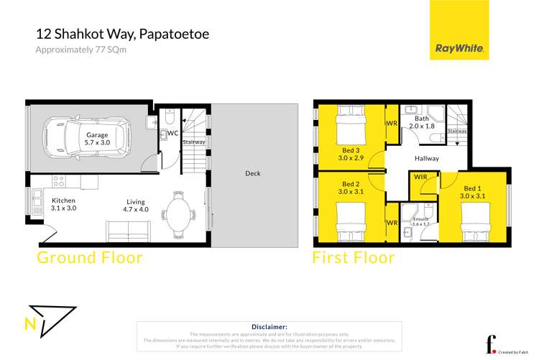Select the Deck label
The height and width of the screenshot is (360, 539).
pyautogui.click(x=252, y=173)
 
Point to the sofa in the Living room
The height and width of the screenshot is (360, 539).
pyautogui.click(x=129, y=231)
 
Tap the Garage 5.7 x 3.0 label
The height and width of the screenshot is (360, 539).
pyautogui.click(x=97, y=139)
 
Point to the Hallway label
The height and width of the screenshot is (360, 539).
pyautogui.click(x=427, y=158)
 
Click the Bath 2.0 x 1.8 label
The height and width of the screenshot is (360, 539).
pyautogui.click(x=421, y=123)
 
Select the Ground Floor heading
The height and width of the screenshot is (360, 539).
pyautogui.click(x=90, y=257)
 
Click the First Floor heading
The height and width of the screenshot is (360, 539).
pyautogui.click(x=353, y=257)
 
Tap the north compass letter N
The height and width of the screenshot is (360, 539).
pyautogui.click(x=29, y=323)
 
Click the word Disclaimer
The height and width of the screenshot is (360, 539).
pyautogui.click(x=269, y=326)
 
